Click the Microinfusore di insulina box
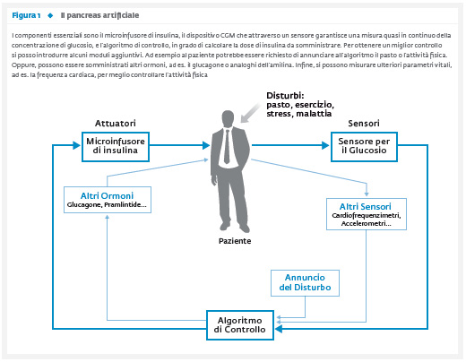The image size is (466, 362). pos(116,147)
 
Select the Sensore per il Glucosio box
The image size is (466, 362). pos(364,147)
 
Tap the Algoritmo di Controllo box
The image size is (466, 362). pos(240,325)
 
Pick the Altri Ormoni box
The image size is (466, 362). pos(108,200)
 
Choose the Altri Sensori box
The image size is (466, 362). pos(367,214)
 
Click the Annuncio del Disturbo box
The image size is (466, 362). pos(305,283)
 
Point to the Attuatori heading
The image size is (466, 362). pos(116,123)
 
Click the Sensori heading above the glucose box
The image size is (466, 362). pos(364,123)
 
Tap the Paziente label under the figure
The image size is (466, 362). pos(235,241)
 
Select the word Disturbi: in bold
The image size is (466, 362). pos(285,96)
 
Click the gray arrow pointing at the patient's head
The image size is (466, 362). pos(250,113)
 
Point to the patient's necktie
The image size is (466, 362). pos(227,146)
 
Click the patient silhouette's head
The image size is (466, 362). pos(228,119)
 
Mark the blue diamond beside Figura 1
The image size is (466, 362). pos(50,15)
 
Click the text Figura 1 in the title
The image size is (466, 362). pos(26,15)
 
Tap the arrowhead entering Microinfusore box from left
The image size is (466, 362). pos(77,145)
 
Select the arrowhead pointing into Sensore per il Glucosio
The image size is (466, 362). pos(325,145)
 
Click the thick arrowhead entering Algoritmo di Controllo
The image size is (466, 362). pos(279,329)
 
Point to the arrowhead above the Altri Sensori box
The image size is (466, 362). pos(367,194)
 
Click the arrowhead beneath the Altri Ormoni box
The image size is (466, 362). pos(108,217)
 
